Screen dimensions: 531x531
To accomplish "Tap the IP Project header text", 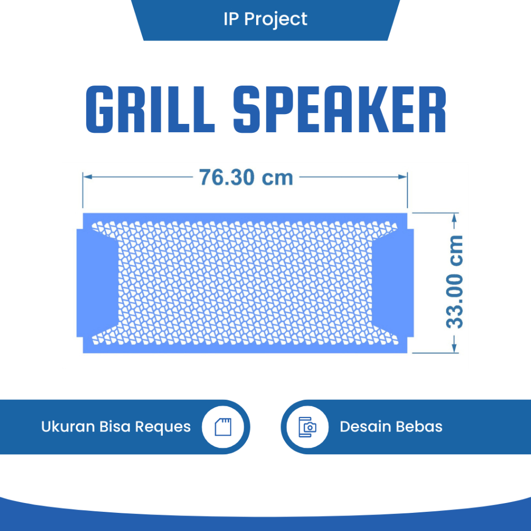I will point(265,19).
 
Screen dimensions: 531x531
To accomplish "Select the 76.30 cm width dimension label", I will point(246,177).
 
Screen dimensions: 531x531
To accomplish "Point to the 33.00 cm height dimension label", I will point(455,282).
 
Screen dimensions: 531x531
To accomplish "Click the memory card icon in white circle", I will point(225,427).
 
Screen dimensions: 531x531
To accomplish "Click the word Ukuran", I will point(67,427).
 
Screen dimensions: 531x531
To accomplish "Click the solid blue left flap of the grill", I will point(96,283).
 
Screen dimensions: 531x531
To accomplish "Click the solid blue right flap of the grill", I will point(393,283).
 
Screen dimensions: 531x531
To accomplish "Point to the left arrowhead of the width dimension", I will point(88,177).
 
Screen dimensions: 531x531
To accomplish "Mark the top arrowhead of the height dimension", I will point(455,216).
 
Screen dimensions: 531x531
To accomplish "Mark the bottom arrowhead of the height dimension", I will point(455,349).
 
